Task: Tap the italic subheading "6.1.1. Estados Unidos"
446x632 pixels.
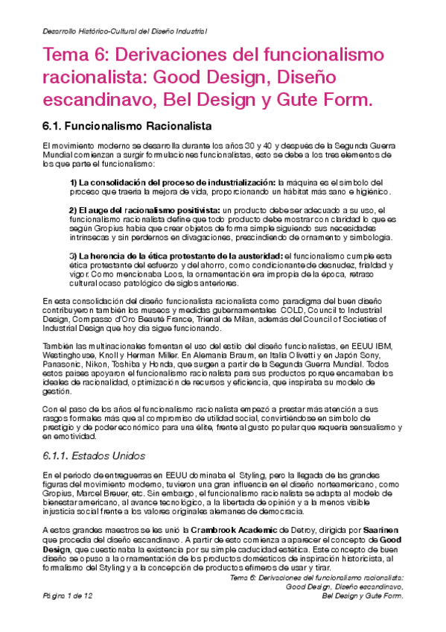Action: click(94, 455)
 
